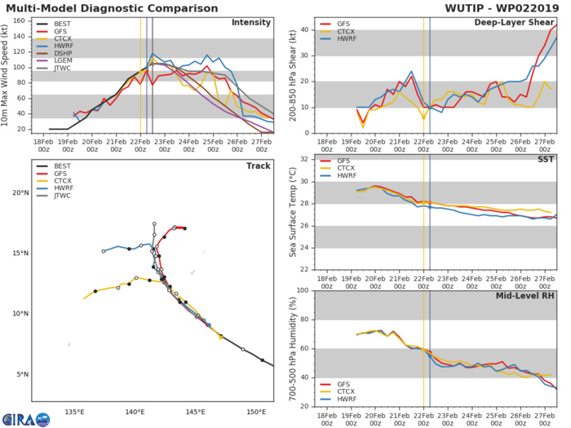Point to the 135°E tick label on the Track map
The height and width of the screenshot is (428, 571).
coord(75,411)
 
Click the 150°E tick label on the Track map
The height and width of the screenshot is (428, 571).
coord(257,411)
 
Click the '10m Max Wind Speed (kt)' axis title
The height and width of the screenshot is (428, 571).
coord(7,75)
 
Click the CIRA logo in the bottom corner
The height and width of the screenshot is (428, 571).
coord(24,417)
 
